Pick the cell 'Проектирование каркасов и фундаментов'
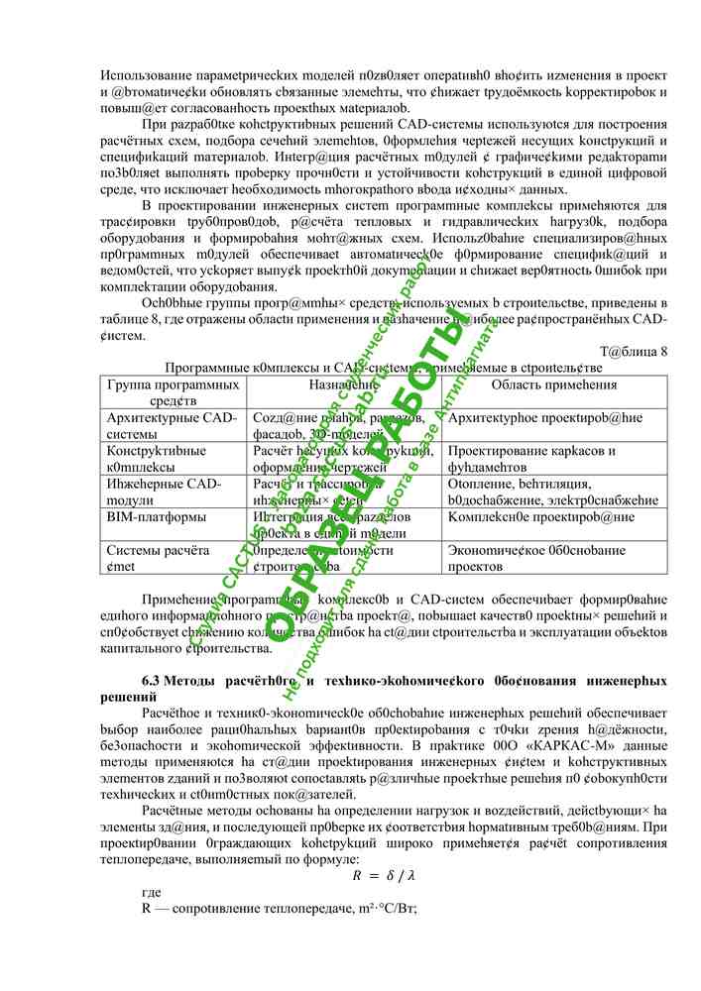coord(531,458)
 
